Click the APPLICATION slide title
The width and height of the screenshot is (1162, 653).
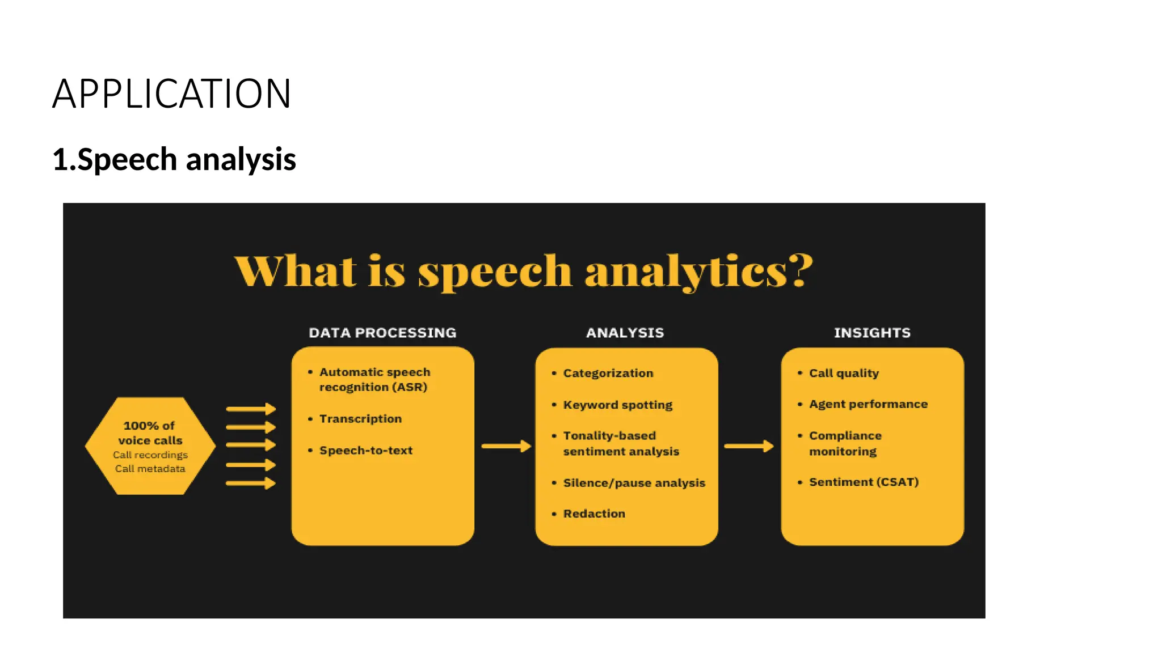(171, 94)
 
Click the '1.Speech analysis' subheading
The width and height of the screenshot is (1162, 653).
(174, 159)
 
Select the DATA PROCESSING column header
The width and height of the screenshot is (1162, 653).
(382, 333)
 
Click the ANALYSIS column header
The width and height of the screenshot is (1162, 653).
(625, 333)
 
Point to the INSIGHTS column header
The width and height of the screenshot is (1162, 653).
(872, 333)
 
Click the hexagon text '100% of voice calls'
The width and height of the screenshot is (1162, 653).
(150, 433)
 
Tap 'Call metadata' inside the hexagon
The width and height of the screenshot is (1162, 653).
(150, 469)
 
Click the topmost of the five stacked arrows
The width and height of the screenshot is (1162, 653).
(250, 409)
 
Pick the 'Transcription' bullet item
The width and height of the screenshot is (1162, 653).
(360, 419)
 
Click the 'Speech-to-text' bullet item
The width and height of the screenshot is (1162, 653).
(366, 451)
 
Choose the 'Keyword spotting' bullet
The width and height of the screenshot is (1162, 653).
(617, 405)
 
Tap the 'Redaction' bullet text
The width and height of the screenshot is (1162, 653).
(594, 514)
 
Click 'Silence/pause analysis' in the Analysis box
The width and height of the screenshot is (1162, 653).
(634, 483)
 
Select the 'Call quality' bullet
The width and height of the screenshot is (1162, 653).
(844, 373)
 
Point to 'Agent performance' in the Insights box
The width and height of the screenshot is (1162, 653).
(868, 404)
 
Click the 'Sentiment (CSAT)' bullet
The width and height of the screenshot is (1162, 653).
(864, 482)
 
